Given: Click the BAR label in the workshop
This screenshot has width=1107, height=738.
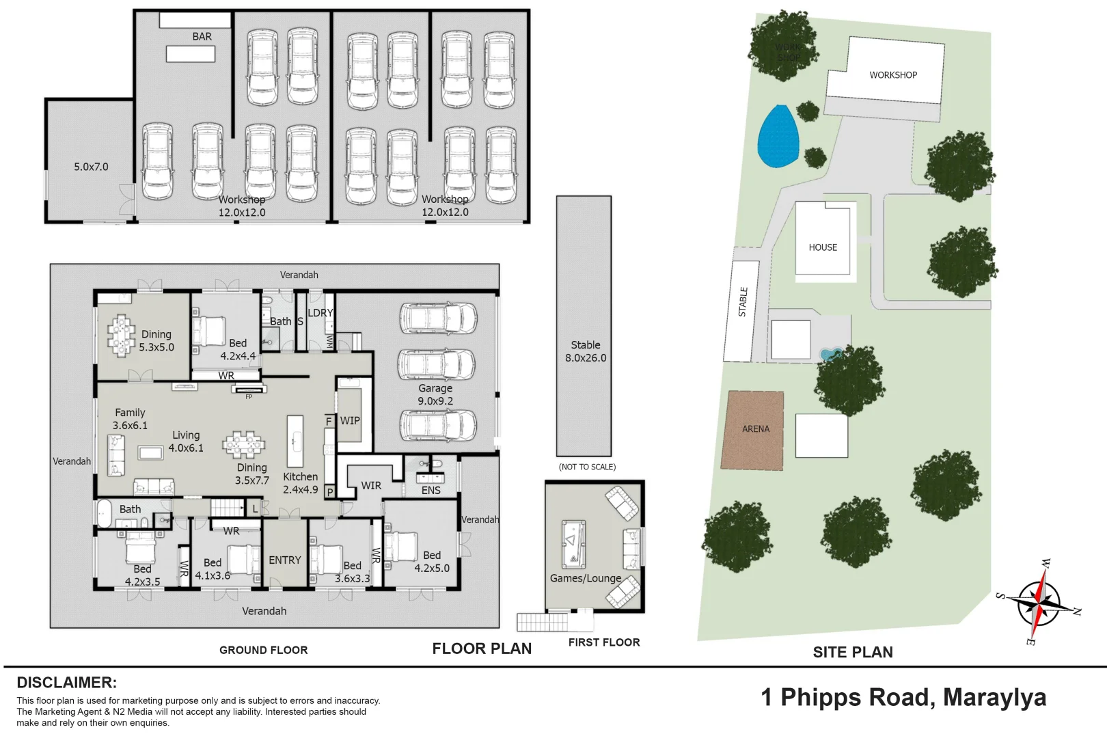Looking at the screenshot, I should pos(202,37).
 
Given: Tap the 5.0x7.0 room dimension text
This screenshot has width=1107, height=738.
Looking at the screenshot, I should pos(91,167).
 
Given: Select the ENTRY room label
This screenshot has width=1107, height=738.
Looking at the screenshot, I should pos(284,560).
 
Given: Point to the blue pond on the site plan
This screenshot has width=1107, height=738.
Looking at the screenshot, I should pos(778,137).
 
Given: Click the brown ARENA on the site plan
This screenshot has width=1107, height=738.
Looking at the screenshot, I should pos(755,430).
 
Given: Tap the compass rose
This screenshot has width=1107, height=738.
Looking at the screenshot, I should pos(1038,603).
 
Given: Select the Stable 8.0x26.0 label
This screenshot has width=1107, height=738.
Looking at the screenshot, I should pos(585,351).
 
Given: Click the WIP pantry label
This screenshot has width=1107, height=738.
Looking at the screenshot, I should pos(350,421).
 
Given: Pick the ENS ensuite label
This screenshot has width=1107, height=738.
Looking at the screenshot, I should pos(430,491).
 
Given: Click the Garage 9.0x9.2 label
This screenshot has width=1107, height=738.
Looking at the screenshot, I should pos(435,394).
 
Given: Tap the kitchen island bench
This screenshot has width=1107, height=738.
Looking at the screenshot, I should pos(295,441).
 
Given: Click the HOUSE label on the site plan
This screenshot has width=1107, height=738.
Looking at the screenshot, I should pos(823,247).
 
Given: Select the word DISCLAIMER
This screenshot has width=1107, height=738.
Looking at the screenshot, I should pos(66,683).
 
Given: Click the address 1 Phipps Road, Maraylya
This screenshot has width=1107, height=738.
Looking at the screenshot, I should pos(903,698).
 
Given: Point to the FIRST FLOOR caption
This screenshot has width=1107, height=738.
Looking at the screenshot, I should pos(604,642).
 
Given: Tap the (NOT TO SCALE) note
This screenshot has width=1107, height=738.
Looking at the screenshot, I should pos(587,467).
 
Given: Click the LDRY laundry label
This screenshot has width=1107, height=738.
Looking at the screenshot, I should pos(320,313).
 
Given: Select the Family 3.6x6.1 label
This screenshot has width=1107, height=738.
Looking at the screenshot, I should pos(130,419).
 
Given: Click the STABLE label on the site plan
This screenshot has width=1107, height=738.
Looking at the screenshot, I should pos(743,302).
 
